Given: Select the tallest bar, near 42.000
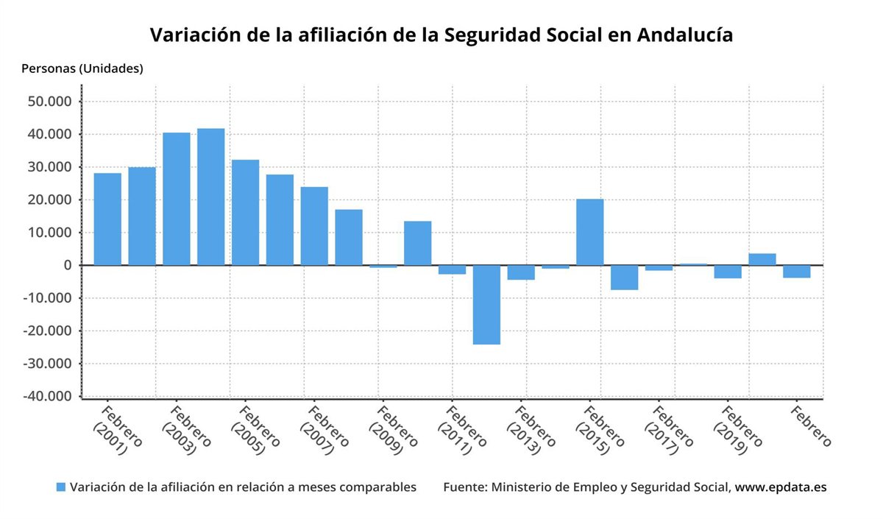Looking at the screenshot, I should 210,197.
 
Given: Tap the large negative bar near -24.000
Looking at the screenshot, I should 486,304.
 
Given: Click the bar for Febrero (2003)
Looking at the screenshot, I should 176,199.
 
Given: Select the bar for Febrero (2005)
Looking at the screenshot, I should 245,212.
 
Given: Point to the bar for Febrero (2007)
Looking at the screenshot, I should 314,226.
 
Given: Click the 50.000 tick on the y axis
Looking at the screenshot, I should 52,102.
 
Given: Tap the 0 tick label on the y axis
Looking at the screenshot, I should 66,265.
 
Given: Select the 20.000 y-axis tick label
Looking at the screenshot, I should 52,200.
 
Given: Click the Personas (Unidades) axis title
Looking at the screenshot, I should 82,69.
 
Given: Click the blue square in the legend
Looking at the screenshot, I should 61,487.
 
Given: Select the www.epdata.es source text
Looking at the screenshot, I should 781,487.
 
